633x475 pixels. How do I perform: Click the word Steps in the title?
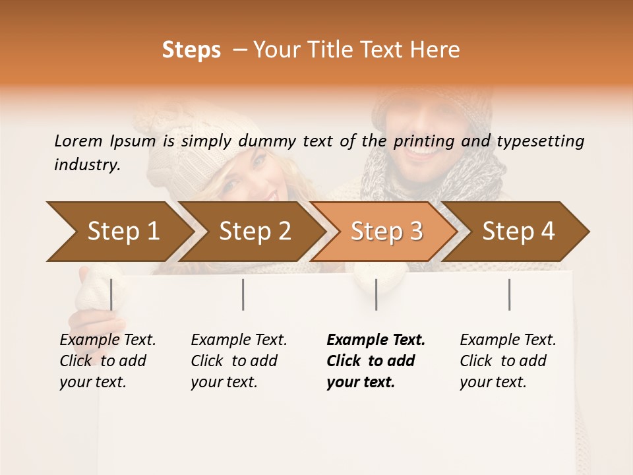pos(191,50)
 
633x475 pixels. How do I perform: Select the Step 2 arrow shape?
pos(254,232)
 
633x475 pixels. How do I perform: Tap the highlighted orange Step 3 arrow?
pos(386,232)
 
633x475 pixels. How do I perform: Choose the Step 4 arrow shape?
pos(518,232)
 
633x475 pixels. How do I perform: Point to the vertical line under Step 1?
pos(111,294)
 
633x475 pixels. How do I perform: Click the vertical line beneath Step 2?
pos(243,294)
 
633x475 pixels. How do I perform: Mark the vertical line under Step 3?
pos(376,294)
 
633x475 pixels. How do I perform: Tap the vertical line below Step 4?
pos(509,294)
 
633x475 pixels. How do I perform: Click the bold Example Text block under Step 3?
pos(376,361)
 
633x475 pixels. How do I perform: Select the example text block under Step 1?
pos(107,361)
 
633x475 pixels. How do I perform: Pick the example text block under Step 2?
pos(239,361)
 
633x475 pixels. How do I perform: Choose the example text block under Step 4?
pos(508,361)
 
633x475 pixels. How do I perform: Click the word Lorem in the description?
pos(78,141)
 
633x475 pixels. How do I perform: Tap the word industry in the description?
pos(86,165)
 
